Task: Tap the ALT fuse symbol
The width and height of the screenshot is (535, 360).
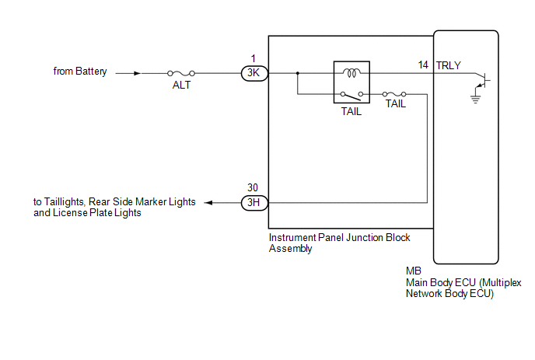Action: coord(181,74)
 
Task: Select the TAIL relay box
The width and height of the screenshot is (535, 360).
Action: coord(351,83)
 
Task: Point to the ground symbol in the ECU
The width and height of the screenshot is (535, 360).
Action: coord(475,99)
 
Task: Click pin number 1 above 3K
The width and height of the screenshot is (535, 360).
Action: coord(254,58)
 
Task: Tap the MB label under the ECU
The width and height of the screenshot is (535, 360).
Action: coord(413,271)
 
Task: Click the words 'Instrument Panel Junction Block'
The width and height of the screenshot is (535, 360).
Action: coord(339,238)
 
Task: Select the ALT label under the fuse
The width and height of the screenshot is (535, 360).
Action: coord(181,86)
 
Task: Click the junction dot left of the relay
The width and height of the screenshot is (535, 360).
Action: coord(297,74)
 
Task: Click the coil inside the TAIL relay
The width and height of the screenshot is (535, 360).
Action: coord(351,74)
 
